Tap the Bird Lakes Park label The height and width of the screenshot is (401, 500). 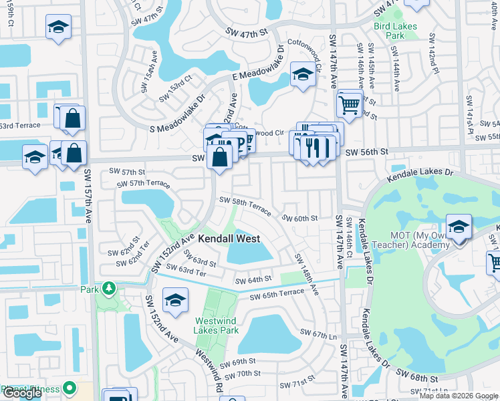pos(395,31)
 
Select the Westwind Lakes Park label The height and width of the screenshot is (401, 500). pos(217,325)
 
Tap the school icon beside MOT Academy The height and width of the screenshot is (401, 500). pos(459,228)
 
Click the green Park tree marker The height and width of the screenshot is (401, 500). pos(108,289)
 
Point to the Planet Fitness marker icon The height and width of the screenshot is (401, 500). pos(69,389)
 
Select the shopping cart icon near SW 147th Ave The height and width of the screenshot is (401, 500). pos(349,104)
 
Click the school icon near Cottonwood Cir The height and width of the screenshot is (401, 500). pos(302,74)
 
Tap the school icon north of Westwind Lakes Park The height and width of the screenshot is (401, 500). pos(175,300)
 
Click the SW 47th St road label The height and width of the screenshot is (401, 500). pos(247,31)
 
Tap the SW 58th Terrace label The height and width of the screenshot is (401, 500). pos(245,205)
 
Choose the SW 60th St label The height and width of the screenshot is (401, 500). pos(299,218)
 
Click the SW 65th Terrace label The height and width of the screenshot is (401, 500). pos(277,294)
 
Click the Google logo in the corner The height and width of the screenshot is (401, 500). pos(22,393)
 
